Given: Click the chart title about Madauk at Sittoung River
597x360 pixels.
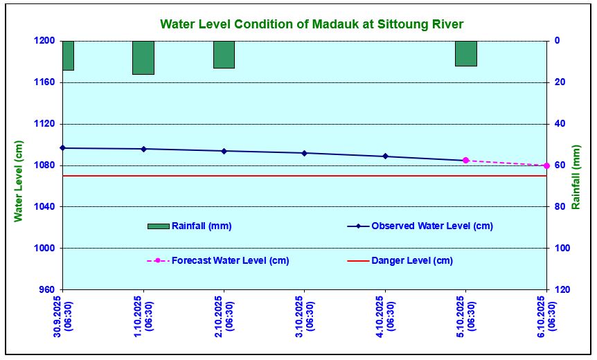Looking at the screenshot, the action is coord(312,24).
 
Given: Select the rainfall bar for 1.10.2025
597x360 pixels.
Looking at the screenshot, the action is coord(143,57).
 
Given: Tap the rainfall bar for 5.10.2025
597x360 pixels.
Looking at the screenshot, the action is coord(466,53).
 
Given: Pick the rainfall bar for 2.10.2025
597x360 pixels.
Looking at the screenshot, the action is coord(224,55).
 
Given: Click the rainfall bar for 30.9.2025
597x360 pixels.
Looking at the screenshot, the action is coord(68,55).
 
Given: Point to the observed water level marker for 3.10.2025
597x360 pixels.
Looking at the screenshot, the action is coord(304,153).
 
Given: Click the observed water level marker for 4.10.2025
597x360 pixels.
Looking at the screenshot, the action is coord(385,156).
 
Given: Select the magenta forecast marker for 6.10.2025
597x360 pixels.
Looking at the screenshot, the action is coord(546,165).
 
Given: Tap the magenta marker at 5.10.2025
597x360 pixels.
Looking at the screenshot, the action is coord(465,160).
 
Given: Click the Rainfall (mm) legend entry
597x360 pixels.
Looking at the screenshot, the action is coord(190,226).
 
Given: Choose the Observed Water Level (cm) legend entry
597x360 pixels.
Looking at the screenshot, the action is coord(420,226).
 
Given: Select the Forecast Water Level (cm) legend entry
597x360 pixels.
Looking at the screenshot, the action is coord(218,261).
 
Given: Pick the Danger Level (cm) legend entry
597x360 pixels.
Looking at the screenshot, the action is coord(400,261).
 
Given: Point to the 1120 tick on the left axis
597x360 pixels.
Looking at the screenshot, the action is coord(44,124).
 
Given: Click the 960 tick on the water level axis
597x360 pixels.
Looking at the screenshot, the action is coord(47,289).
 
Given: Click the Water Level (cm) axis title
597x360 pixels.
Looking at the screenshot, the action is coord(18,181).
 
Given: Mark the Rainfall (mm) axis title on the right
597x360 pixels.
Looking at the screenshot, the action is coord(576,177).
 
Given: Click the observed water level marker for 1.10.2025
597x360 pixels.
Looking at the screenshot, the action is coord(143,149).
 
